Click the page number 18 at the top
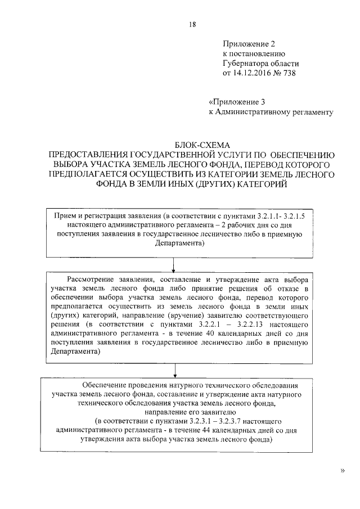point(193,24)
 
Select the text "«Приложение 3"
point(236,102)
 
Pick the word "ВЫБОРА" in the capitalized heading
point(71,164)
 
